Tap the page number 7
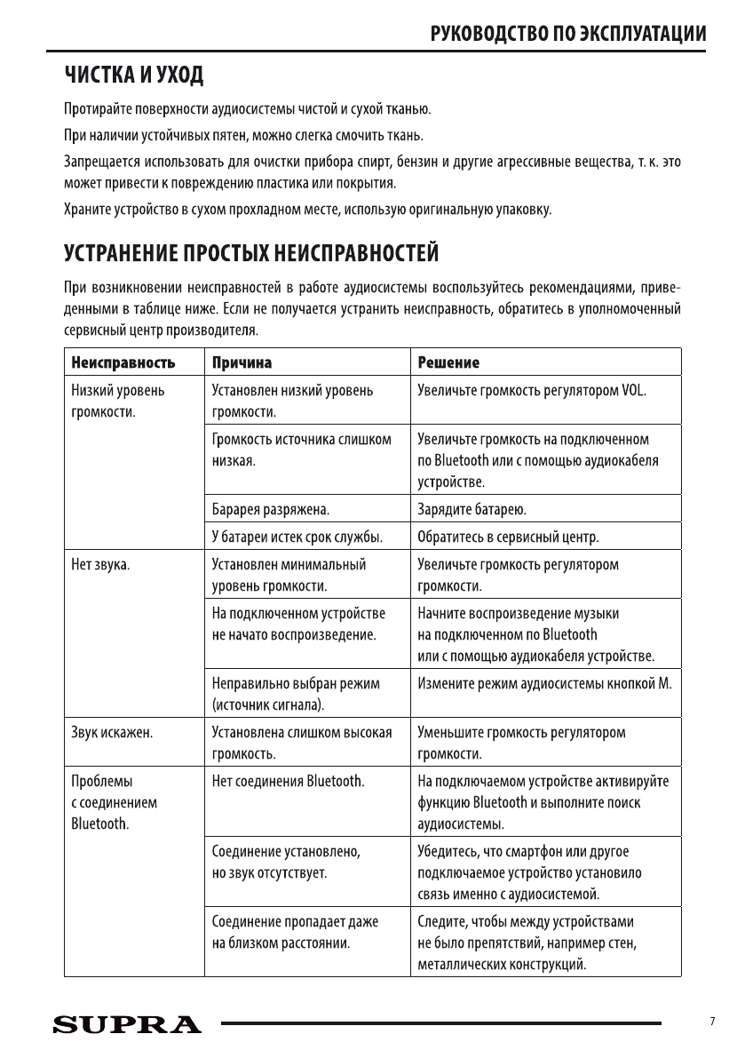pyautogui.click(x=712, y=1022)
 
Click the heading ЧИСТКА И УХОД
pyautogui.click(x=134, y=76)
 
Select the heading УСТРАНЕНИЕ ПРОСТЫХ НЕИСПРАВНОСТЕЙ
pyautogui.click(x=251, y=254)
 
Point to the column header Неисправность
pyautogui.click(x=123, y=362)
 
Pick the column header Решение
pyautogui.click(x=448, y=362)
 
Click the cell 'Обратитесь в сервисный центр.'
pyautogui.click(x=508, y=537)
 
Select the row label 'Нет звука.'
pyautogui.click(x=100, y=565)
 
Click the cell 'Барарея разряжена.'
pyautogui.click(x=270, y=510)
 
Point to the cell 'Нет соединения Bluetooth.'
pyautogui.click(x=289, y=782)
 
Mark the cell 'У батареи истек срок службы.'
pyautogui.click(x=297, y=537)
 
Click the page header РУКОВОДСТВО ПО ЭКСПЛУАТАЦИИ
pyautogui.click(x=568, y=35)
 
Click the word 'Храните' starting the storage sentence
pyautogui.click(x=87, y=210)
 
